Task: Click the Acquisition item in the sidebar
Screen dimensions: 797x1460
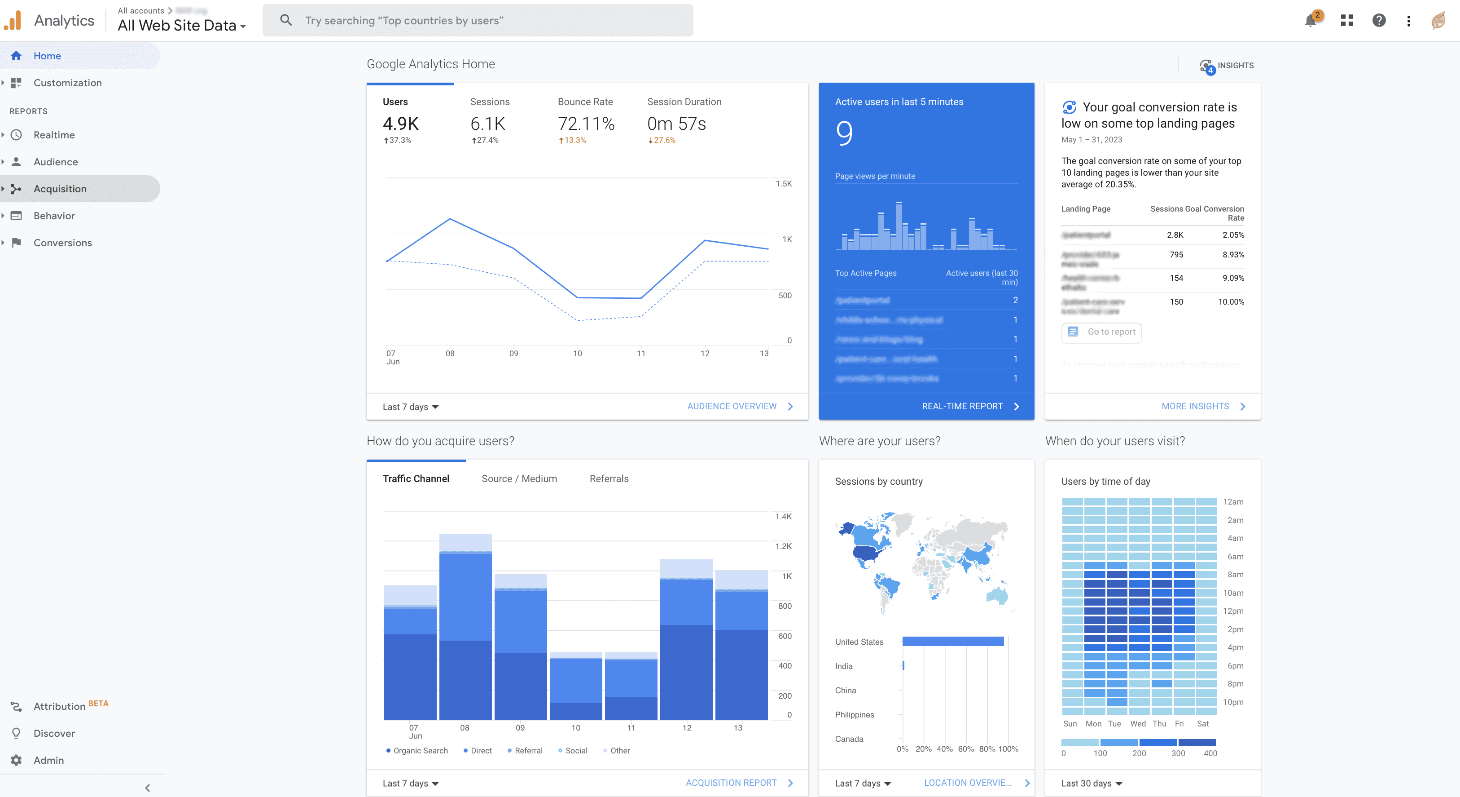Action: pyautogui.click(x=60, y=189)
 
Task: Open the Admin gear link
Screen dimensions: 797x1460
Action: pyautogui.click(x=48, y=760)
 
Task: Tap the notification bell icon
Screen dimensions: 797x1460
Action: pyautogui.click(x=1310, y=21)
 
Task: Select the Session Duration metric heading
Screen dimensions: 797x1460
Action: pyautogui.click(x=684, y=102)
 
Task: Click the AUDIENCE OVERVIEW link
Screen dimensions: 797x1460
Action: pyautogui.click(x=731, y=406)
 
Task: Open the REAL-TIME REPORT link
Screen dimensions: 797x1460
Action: pyautogui.click(x=962, y=406)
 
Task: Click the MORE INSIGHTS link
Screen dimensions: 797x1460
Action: pyautogui.click(x=1195, y=406)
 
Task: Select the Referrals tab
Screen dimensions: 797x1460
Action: pyautogui.click(x=609, y=479)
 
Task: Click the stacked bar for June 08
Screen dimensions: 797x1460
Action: pyautogui.click(x=465, y=627)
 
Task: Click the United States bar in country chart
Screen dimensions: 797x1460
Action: pyautogui.click(x=952, y=642)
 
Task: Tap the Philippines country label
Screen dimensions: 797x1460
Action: pyautogui.click(x=854, y=715)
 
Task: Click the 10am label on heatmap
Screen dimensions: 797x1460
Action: pyautogui.click(x=1233, y=593)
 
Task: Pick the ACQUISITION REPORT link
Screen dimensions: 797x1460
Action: pyautogui.click(x=731, y=783)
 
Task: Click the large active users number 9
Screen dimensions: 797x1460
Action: pyautogui.click(x=843, y=133)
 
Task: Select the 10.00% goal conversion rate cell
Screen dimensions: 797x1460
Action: pyautogui.click(x=1231, y=302)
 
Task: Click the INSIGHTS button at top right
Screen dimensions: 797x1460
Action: pyautogui.click(x=1227, y=66)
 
